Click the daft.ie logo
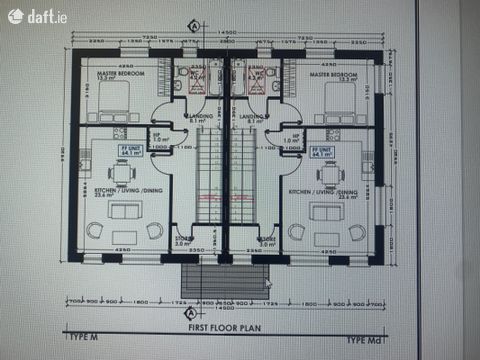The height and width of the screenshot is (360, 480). pos(31,16)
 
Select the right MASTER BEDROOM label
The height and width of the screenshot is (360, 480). pos(333,75)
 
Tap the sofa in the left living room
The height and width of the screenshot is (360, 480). pos(126,210)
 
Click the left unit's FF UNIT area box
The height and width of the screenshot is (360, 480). pos(131,153)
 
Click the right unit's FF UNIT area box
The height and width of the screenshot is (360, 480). pos(322,153)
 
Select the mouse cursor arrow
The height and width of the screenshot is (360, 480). pos(268,284)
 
